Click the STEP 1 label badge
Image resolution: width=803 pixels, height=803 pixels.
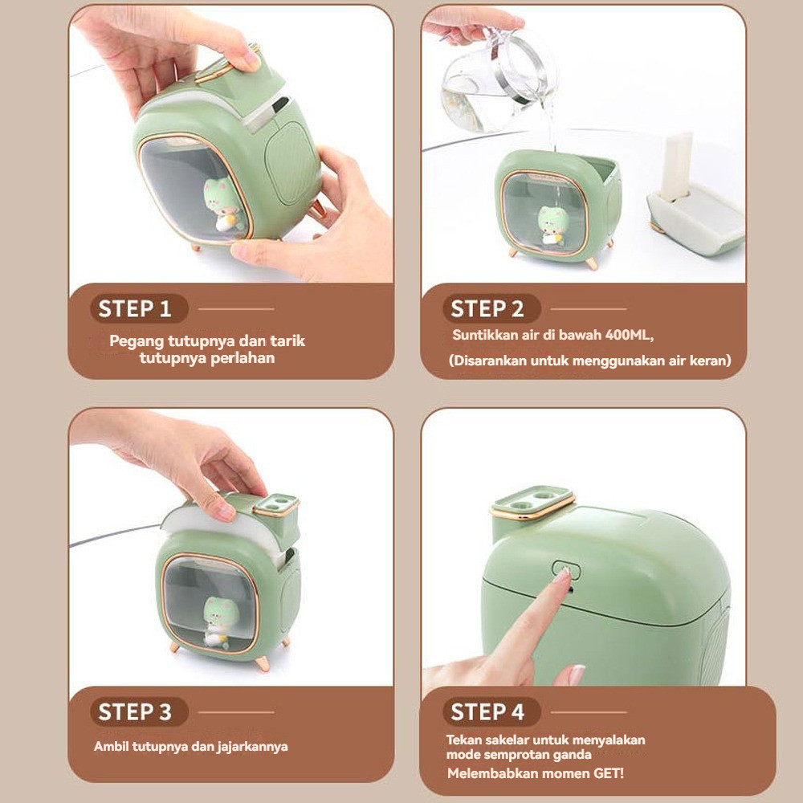[139, 309]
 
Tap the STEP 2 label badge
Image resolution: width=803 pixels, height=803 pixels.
[491, 309]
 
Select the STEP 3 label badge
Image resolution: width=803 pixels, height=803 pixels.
[139, 711]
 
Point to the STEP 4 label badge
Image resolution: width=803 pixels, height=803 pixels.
[491, 711]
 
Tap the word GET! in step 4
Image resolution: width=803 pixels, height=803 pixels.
[608, 773]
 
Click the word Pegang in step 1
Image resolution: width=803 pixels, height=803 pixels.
[137, 341]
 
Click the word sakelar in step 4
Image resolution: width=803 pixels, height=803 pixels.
[508, 740]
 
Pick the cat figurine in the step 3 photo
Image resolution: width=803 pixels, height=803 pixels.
[218, 622]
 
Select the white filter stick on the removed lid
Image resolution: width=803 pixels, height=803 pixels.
[675, 165]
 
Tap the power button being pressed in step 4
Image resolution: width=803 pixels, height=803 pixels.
[567, 569]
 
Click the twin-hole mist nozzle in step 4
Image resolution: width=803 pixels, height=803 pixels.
[532, 502]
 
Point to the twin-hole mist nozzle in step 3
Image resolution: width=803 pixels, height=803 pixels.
[276, 505]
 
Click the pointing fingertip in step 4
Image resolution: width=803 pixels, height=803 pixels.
[564, 575]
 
